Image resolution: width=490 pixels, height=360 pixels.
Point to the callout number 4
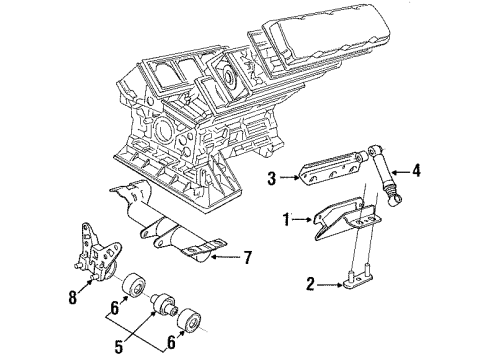click(416, 169)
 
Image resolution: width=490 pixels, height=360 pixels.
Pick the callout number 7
click(247, 258)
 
